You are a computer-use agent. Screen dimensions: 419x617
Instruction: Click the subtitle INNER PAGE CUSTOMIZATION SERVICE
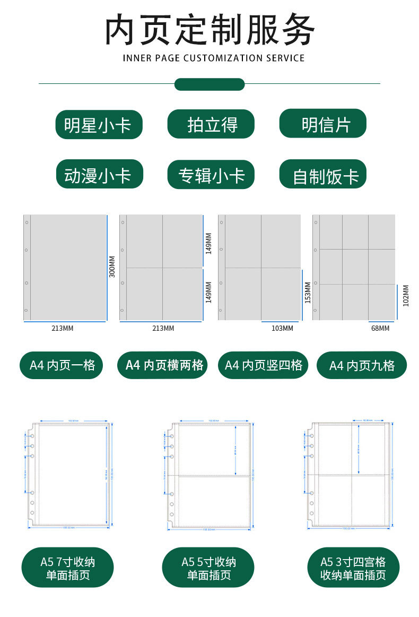(214, 58)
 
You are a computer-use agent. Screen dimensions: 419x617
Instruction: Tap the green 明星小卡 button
(99, 125)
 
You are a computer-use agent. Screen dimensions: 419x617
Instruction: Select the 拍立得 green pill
(211, 125)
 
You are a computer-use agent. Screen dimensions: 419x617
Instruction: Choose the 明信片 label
(323, 124)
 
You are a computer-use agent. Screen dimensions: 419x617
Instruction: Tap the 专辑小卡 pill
(211, 175)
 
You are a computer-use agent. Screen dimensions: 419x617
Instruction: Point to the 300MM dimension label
(112, 267)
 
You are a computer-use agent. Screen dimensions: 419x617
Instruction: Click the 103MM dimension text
(282, 328)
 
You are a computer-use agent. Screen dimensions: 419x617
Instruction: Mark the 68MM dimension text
(380, 328)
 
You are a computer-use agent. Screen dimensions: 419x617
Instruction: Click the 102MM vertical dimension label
(406, 296)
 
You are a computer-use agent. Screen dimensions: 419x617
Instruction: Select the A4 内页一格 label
(62, 365)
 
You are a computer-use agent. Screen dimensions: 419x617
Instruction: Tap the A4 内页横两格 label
(162, 365)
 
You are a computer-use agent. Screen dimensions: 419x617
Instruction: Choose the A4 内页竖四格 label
(263, 365)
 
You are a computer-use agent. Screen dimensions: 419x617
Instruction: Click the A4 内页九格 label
(362, 366)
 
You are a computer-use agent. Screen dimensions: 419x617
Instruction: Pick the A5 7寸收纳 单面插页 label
(67, 568)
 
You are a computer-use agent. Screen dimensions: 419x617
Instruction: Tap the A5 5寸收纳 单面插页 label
(208, 568)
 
